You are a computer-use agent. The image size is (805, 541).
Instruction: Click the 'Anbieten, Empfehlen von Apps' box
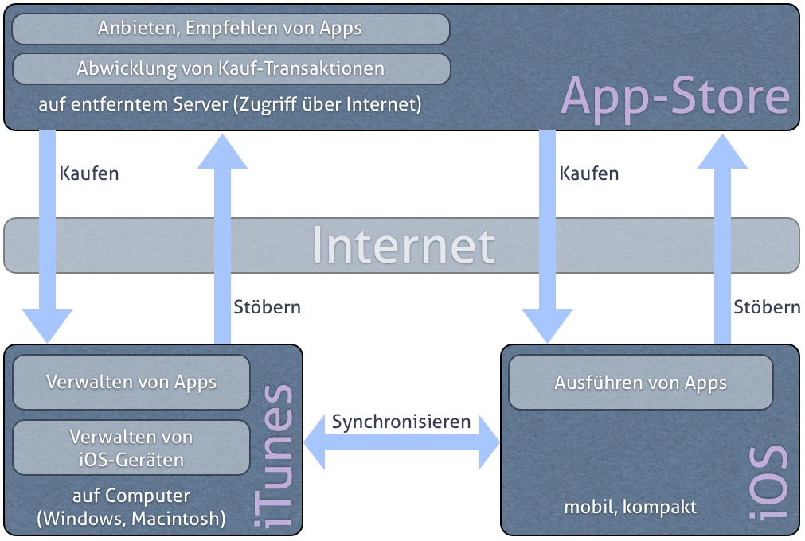(231, 29)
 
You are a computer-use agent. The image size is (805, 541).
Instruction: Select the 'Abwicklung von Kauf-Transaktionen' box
(231, 68)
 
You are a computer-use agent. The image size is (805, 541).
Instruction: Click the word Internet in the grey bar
(403, 246)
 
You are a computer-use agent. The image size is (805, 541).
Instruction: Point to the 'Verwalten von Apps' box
(131, 382)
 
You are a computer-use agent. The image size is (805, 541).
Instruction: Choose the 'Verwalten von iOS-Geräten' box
(131, 448)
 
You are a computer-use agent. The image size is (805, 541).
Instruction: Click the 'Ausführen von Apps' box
(641, 383)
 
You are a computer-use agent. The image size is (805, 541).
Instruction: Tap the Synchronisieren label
(401, 422)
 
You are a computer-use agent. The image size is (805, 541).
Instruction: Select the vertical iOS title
(768, 482)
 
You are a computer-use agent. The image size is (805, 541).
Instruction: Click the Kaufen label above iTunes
(89, 173)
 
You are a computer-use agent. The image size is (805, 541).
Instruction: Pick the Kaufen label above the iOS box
(589, 173)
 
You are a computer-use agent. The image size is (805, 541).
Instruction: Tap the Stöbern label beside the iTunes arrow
(267, 306)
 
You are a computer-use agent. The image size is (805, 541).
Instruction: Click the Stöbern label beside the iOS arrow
(767, 306)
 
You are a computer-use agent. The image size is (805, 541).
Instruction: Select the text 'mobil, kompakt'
(631, 507)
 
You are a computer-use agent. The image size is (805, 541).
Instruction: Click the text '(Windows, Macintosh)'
(131, 519)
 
